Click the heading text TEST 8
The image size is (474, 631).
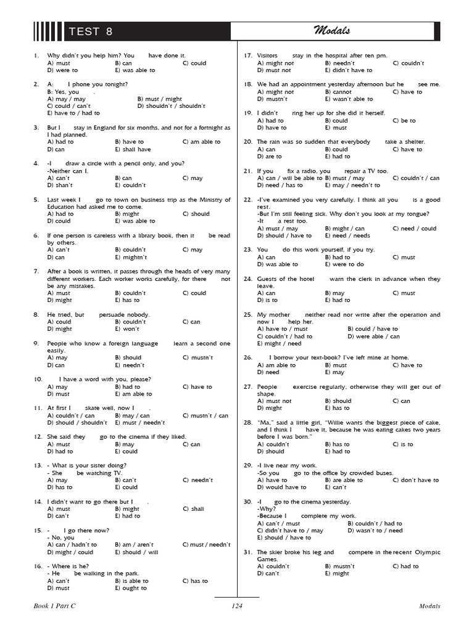coord(91,32)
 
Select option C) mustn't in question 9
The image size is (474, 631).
coord(197,357)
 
